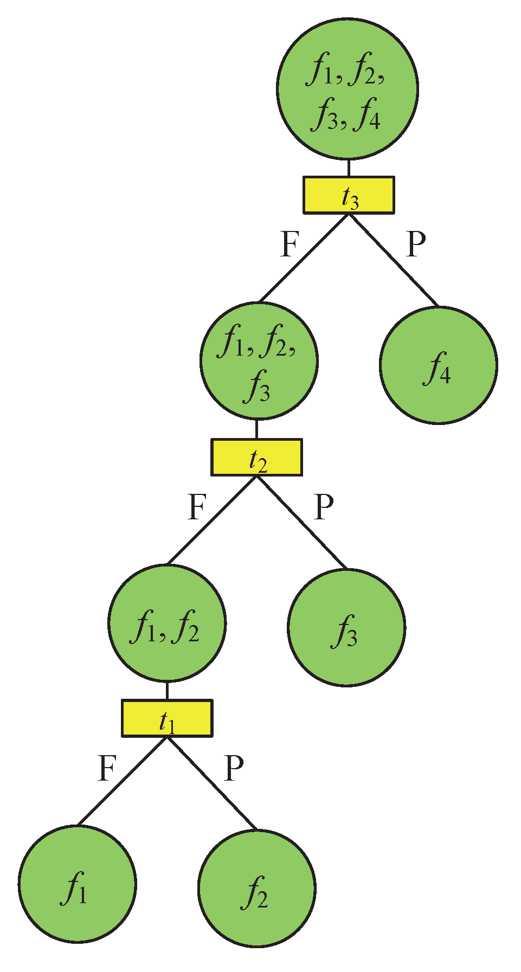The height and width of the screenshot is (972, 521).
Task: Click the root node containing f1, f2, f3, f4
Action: pos(348,89)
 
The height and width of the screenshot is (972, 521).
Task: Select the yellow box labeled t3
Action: pos(349,195)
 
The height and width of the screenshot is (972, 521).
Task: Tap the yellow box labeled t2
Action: pos(256,458)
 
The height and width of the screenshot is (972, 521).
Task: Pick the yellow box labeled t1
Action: pos(167,719)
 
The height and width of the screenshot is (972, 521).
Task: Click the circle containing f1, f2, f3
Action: pos(259,361)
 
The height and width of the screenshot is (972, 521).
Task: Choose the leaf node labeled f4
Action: pos(438,365)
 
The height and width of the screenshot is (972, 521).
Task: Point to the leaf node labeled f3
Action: pos(346,628)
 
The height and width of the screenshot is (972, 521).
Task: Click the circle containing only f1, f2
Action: pos(167,623)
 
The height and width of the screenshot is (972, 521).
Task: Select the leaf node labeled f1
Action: pos(78,884)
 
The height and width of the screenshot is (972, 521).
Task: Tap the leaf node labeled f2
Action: pos(257,889)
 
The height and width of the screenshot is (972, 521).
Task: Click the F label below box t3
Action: pos(290,244)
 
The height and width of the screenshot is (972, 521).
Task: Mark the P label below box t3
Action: pos(416,244)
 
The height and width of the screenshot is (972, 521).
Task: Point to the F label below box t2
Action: pos(197,507)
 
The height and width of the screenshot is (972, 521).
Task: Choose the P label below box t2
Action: pos(324,507)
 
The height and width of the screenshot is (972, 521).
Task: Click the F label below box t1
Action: pos(107,768)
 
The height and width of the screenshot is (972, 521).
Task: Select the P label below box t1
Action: pos(234,768)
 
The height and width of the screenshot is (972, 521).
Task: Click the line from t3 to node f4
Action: pos(393,260)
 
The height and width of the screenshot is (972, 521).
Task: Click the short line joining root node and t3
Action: pos(348,168)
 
